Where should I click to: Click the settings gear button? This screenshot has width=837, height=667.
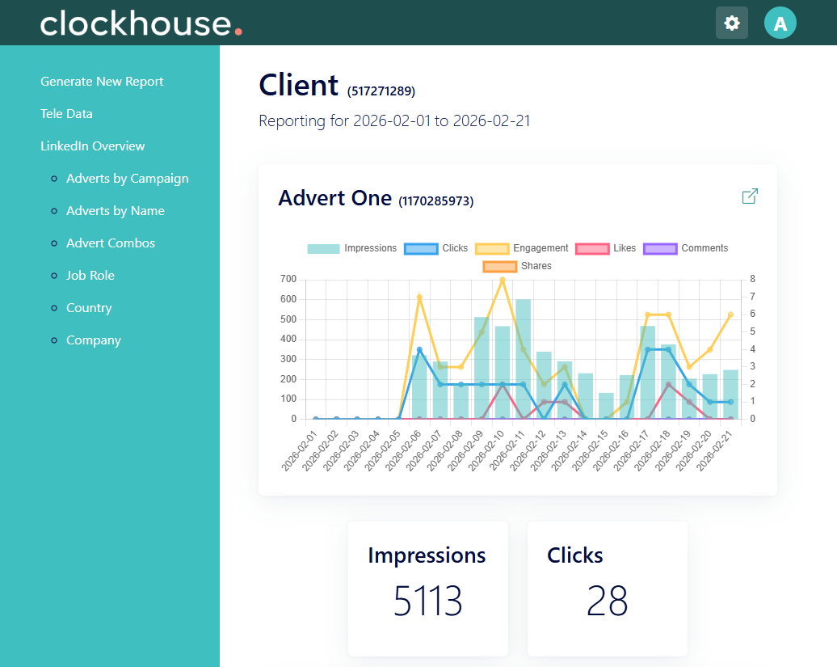pos(731,23)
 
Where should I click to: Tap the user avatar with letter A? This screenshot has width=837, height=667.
pos(780,23)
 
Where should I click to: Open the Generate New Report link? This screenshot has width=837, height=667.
pos(102,82)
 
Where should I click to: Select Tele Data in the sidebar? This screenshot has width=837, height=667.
pos(67,114)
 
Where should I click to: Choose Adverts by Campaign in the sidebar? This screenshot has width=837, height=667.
pos(127,179)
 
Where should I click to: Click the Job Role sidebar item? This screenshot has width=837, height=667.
pos(90,276)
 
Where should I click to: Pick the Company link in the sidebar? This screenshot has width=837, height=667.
pos(94,340)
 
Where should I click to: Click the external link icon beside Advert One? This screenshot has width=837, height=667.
pos(750,196)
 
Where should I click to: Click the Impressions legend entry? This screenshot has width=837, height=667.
pos(351,248)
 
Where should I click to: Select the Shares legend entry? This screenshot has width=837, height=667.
pos(517,266)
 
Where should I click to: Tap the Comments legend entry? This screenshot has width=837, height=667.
pos(685,248)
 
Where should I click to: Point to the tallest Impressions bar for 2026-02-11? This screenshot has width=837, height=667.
pos(524,359)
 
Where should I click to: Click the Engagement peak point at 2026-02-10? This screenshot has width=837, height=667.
pos(503,279)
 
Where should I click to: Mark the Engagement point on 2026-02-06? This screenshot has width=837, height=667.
pos(419,298)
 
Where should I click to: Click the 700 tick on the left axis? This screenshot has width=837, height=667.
pos(288,279)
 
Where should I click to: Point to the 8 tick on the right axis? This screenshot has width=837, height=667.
pos(753,279)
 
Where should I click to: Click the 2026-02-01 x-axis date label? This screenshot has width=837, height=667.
pos(300,450)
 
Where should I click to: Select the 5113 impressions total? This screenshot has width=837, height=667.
pos(427,601)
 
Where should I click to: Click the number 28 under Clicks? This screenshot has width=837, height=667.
pos(607,601)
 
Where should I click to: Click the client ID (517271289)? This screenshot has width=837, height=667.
pos(381,91)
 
